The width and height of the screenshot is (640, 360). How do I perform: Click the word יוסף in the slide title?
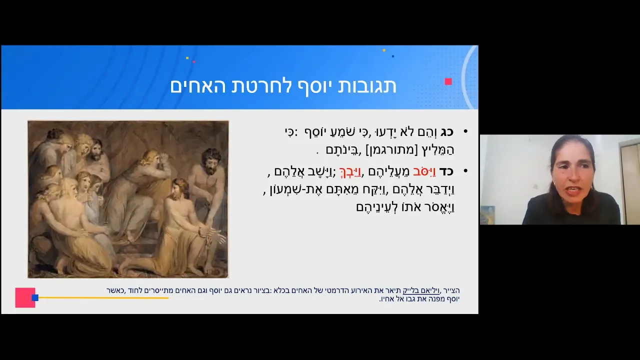pos(311,86)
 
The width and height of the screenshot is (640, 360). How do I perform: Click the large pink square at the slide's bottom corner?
pos(25,297)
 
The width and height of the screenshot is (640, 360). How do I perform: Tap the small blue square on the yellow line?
pos(35,297)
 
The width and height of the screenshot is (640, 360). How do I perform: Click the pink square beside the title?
pos(448,81)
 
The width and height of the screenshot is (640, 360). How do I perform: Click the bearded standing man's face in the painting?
pos(210,163)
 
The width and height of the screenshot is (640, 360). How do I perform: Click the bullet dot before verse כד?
pos(465,171)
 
